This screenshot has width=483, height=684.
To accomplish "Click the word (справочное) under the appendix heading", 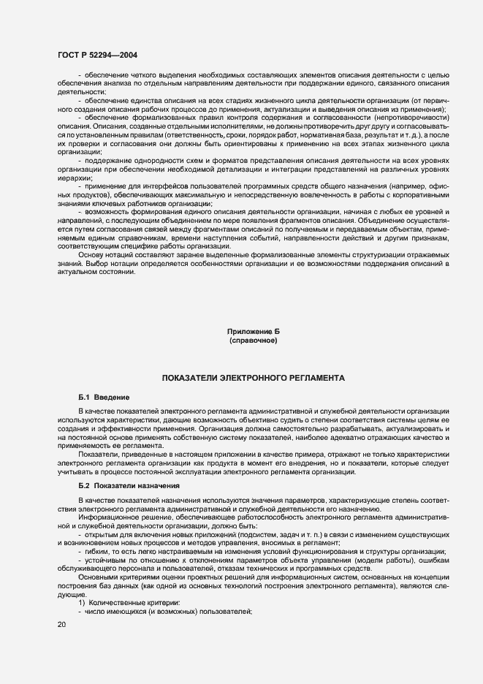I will (x=253, y=341).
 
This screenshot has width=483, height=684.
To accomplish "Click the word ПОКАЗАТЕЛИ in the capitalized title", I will (x=186, y=379).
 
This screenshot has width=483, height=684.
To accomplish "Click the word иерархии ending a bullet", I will (x=75, y=178).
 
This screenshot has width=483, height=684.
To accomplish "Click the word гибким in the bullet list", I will (x=97, y=551).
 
